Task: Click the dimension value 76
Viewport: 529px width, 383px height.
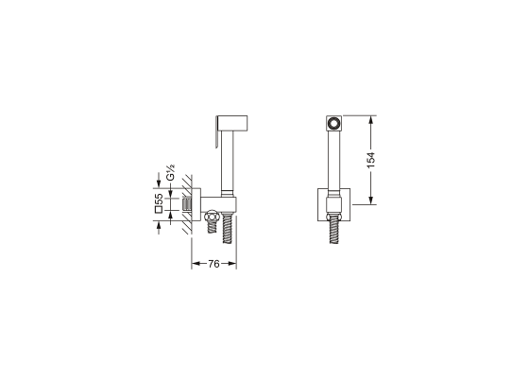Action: (213, 264)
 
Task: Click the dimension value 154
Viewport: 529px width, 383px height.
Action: (370, 160)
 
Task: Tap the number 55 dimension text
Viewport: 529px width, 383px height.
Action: (159, 199)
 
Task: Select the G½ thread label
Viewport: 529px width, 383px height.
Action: (170, 172)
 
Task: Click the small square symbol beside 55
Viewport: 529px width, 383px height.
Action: (159, 209)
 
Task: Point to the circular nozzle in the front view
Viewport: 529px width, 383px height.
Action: (334, 123)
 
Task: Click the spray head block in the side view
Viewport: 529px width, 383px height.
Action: (232, 123)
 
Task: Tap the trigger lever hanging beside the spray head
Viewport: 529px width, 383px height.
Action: (216, 132)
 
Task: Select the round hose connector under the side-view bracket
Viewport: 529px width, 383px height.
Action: (212, 216)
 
